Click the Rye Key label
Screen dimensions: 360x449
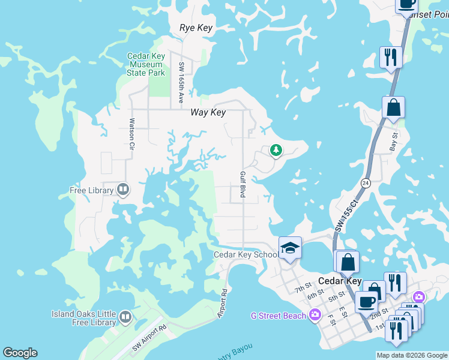tap(196, 28)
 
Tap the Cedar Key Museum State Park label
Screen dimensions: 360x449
tap(145, 65)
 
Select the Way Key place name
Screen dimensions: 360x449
tap(208, 113)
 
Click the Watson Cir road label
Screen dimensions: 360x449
tap(132, 130)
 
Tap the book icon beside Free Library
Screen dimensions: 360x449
tap(123, 190)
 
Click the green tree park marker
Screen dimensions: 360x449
tap(276, 150)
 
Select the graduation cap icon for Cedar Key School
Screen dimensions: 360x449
tap(290, 247)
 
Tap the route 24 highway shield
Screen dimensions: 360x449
tap(365, 182)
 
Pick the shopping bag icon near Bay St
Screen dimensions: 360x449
tap(393, 108)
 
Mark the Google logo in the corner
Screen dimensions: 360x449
tap(20, 353)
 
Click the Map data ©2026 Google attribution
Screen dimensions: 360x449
tap(412, 355)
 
